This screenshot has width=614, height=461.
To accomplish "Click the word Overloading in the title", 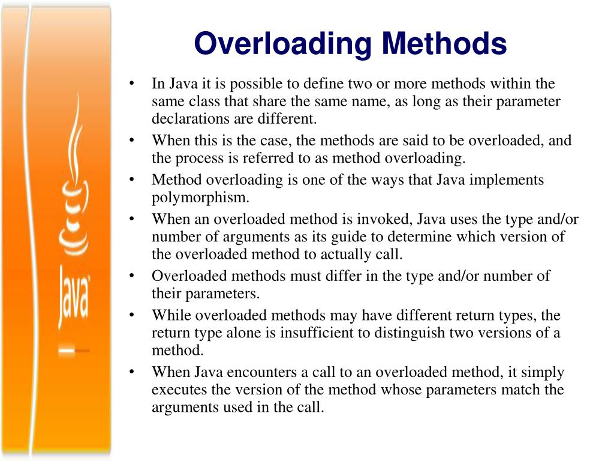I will coord(284,44).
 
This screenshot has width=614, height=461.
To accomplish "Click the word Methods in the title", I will coord(444,44).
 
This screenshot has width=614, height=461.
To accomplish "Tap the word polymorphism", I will coord(200,198).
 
